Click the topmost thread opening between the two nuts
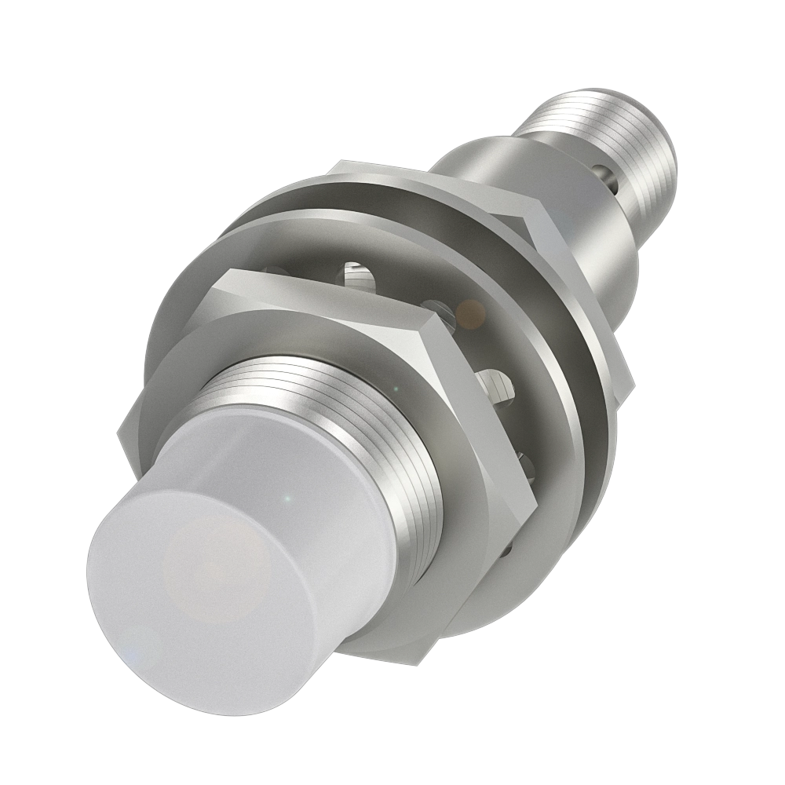(x=353, y=275)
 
